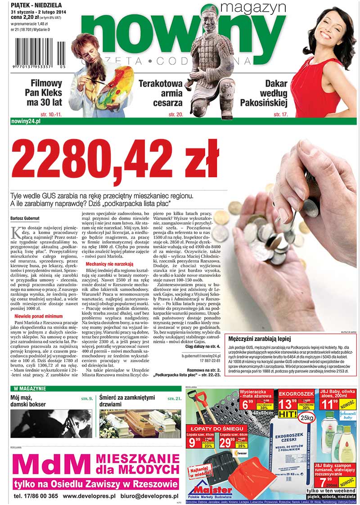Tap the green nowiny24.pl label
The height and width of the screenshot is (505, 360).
click(x=26, y=122)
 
